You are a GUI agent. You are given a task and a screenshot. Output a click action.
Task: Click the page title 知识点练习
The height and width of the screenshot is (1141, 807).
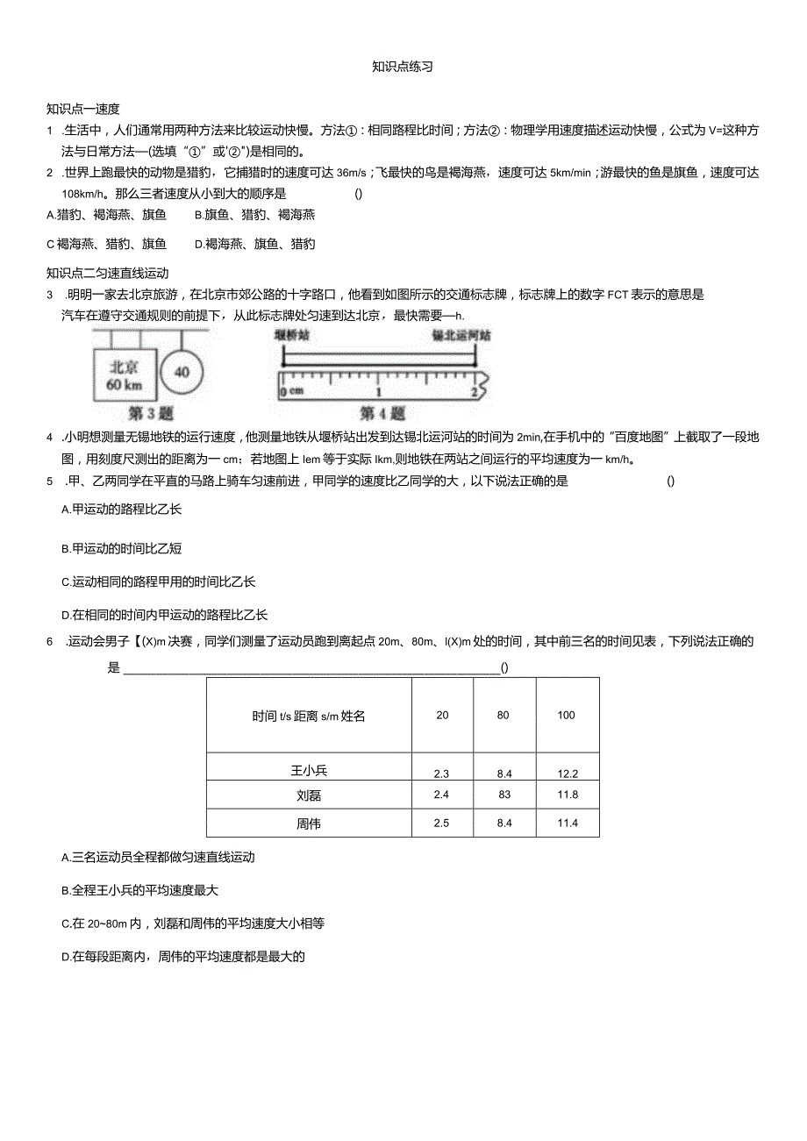[x=403, y=67]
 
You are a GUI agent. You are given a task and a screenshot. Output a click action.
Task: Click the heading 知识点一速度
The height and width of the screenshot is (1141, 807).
[x=82, y=109]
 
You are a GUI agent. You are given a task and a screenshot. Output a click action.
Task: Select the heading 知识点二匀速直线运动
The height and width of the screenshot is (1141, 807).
[x=107, y=274]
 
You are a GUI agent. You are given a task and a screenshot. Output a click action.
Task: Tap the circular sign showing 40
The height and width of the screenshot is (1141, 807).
[x=182, y=372]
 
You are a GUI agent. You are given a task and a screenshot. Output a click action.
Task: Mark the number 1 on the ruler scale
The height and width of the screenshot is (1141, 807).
[x=379, y=391]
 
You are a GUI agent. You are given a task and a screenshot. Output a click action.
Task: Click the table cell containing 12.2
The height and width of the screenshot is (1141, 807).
[x=568, y=774]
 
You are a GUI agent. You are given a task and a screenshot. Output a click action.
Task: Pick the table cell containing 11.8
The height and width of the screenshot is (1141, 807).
[x=568, y=795]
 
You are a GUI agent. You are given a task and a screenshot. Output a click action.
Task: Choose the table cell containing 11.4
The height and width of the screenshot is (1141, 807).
[x=568, y=823]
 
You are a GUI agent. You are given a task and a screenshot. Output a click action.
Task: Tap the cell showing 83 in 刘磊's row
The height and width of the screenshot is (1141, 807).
[x=503, y=795]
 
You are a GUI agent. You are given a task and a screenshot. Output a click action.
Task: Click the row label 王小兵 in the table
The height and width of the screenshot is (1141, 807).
[x=309, y=771]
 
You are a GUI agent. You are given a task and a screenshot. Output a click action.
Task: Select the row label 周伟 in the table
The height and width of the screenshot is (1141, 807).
[x=309, y=823]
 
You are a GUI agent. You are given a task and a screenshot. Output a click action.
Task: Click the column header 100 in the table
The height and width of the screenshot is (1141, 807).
[x=567, y=715]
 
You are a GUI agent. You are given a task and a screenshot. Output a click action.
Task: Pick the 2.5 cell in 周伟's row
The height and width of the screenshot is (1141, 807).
[x=442, y=823]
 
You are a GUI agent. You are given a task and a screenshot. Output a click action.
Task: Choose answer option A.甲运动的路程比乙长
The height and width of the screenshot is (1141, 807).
[x=122, y=509]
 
